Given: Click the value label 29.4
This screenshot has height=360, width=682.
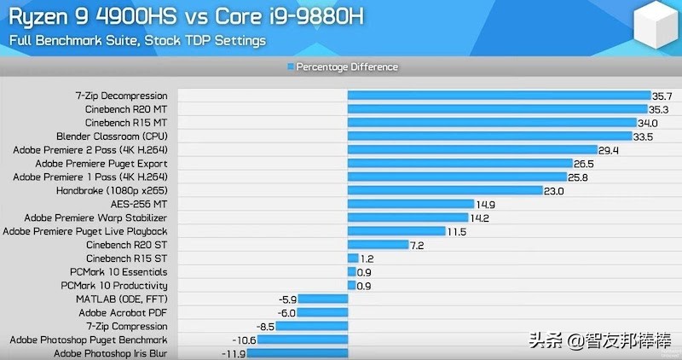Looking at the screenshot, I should point(609,150).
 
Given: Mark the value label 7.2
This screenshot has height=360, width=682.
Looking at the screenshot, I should point(416,245).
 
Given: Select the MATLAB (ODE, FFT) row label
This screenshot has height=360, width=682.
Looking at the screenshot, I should point(121,299).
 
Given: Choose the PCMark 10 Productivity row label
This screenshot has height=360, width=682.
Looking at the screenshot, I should point(114,286).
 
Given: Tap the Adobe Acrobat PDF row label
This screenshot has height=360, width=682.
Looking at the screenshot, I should point(123,313).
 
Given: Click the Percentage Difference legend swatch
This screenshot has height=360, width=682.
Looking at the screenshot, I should point(291,67).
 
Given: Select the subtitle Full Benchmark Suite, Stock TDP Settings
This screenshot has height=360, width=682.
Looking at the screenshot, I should point(137,40).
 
